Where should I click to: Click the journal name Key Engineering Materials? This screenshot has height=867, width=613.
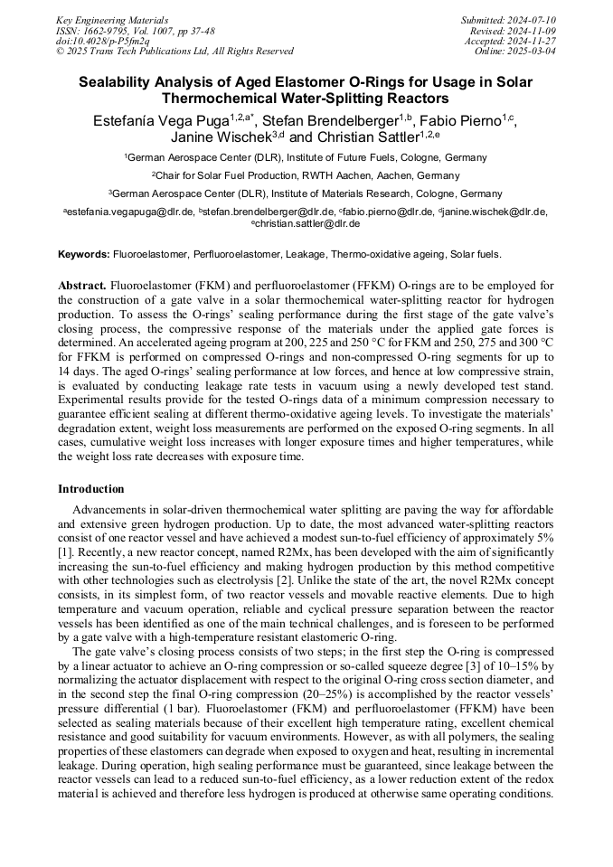[111, 19]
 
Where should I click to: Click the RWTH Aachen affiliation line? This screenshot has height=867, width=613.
[306, 175]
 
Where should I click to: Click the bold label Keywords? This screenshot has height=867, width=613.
[84, 254]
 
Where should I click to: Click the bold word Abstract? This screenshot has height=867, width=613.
[82, 286]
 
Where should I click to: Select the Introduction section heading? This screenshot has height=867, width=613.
[91, 489]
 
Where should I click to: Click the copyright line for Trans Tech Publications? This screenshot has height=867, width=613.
[174, 52]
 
